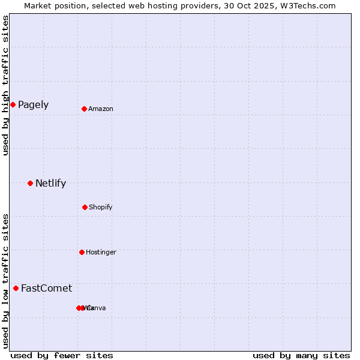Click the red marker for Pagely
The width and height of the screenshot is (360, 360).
pos(13,105)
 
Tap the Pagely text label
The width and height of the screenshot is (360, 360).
pos(33,105)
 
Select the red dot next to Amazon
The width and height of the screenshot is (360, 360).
pos(85,109)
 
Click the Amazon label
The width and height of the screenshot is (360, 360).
pos(101,109)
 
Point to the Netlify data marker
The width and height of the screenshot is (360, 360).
pos(30,183)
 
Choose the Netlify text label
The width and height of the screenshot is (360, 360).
pos(50,184)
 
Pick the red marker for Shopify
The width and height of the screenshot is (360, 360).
pos(85,207)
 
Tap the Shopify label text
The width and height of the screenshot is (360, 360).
pos(100,208)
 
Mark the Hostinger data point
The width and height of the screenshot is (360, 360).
pos(82,252)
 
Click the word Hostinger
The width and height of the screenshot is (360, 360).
pos(101,253)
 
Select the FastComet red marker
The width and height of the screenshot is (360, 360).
pos(16,288)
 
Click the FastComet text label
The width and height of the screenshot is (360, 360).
pos(46,289)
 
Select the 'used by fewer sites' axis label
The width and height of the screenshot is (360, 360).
pos(62,355)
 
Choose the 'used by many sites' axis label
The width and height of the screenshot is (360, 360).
pos(301,355)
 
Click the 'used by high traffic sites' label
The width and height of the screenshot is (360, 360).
pos(5,85)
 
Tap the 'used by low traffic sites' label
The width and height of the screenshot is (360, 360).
pos(5,281)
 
